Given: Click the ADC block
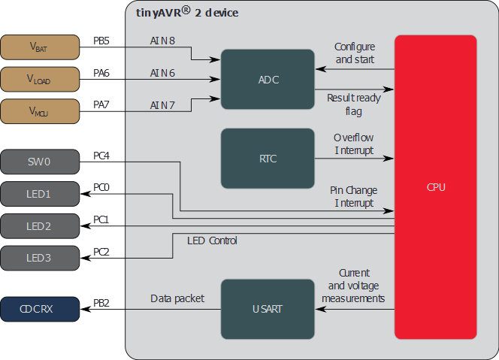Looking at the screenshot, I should [x=268, y=80].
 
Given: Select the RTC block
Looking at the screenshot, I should [x=268, y=159].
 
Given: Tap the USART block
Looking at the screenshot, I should [x=268, y=309].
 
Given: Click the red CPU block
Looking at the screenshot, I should [x=435, y=187].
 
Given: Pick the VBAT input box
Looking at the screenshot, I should [x=39, y=47].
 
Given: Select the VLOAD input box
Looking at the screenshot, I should [x=39, y=78].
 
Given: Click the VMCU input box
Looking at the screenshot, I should [x=39, y=110].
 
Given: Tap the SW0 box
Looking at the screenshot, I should [x=39, y=162].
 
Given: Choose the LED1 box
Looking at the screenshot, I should [x=39, y=194].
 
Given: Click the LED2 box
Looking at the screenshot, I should [x=39, y=226].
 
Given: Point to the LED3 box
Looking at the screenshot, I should [x=39, y=258].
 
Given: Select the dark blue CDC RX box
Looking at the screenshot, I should [x=39, y=309].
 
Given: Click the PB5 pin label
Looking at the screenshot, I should [x=101, y=41].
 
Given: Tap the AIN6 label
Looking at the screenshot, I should [x=162, y=73].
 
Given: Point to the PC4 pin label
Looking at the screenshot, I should [x=101, y=156].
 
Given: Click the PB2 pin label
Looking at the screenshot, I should [x=101, y=303].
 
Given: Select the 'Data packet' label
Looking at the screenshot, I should [x=177, y=299].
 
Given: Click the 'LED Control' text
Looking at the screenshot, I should [x=212, y=241].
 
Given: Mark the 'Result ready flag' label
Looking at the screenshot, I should [x=354, y=104].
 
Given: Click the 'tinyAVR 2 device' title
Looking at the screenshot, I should [x=187, y=13].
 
